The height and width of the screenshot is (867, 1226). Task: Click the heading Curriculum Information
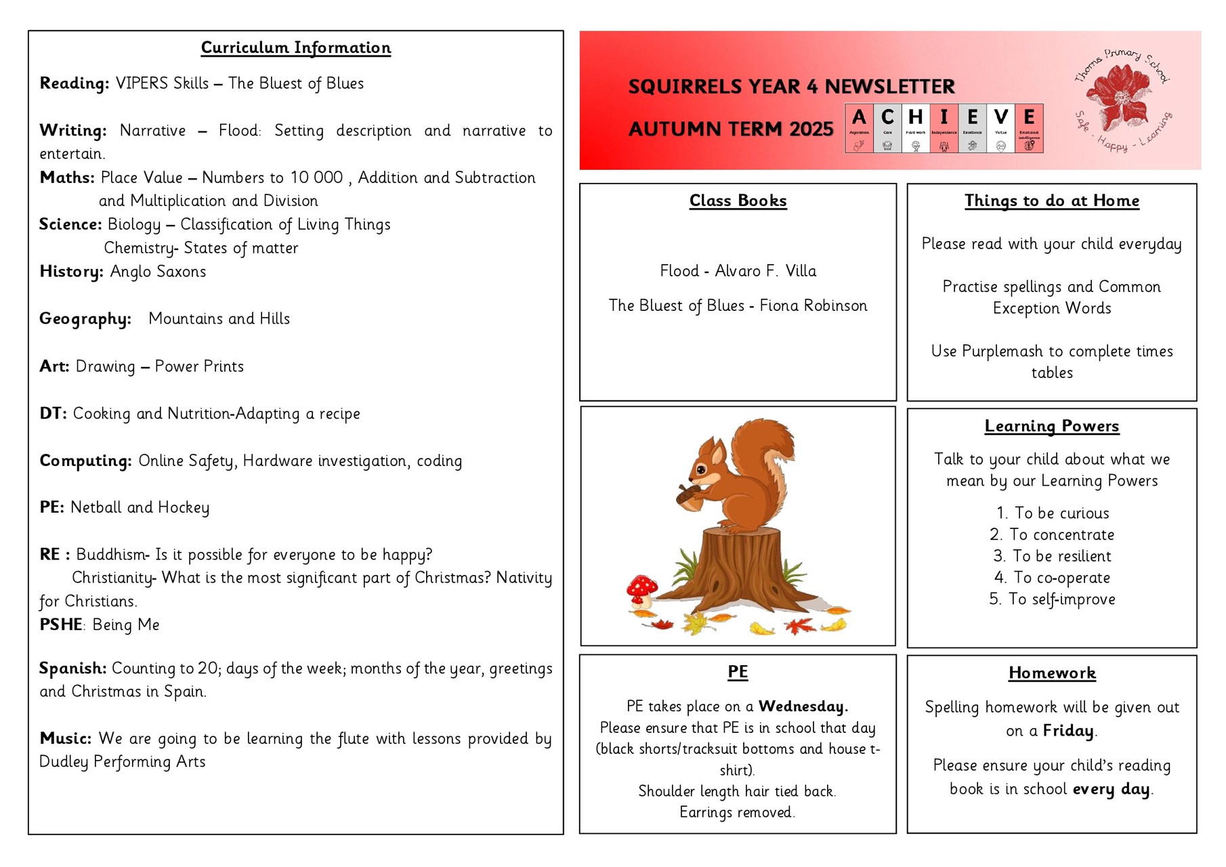pos(296,47)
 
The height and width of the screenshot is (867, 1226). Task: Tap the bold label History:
pos(71,272)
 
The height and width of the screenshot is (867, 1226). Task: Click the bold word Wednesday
pos(803,706)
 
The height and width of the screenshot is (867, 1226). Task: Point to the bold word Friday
pos(1068,731)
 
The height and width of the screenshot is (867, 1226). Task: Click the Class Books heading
pos(738,200)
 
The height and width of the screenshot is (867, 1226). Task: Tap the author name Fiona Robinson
pos(813,305)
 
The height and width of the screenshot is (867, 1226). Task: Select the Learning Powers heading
pos(1051,426)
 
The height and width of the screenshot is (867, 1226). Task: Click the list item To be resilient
pos(1061,556)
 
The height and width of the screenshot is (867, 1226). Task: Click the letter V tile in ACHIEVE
pos(1000,128)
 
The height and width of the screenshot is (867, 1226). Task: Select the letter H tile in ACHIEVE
pos(915,128)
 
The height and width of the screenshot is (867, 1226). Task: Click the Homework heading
pos(1051,673)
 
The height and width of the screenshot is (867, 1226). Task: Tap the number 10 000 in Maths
pos(316,177)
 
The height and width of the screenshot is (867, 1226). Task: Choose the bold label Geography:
pos(85,319)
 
